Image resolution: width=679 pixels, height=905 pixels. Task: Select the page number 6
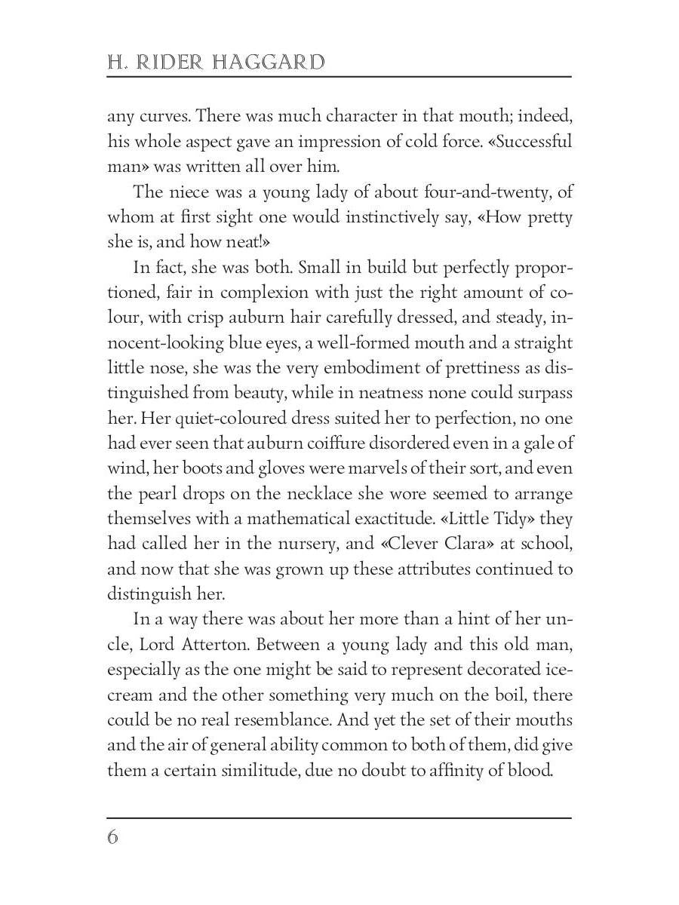[113, 838]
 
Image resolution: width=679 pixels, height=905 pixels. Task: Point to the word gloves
[255, 468]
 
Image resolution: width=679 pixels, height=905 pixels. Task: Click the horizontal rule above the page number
[339, 818]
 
